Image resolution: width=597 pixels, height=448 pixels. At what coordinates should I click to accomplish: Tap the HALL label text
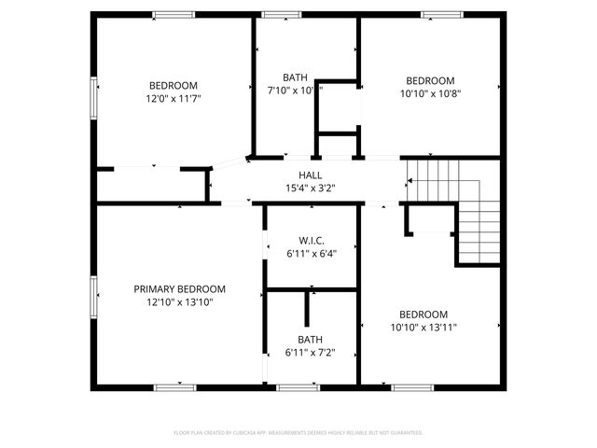tap(310, 175)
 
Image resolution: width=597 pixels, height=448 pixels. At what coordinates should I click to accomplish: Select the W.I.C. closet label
tap(311, 240)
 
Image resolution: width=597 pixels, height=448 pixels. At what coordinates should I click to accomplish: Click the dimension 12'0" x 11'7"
tap(174, 97)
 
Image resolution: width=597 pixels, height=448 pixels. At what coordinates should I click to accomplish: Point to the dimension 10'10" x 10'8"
tap(430, 92)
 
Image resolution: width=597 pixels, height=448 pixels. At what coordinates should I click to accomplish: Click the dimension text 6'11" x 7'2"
tap(310, 352)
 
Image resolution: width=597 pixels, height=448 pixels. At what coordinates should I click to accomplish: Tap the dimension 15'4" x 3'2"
tap(310, 188)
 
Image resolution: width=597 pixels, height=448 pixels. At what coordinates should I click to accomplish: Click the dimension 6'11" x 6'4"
tap(311, 252)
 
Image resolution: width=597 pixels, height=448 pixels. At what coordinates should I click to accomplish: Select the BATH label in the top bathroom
tap(295, 77)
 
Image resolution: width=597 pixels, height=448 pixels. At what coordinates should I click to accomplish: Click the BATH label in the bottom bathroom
tap(310, 340)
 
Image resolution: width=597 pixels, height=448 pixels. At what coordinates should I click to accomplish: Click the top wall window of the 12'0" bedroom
tap(174, 14)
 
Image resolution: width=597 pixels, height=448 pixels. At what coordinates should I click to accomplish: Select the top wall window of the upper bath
tap(276, 14)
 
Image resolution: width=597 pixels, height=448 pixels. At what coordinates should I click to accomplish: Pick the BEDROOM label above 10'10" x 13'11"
tap(423, 315)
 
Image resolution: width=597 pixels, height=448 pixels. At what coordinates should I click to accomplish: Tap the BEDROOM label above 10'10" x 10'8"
tap(430, 80)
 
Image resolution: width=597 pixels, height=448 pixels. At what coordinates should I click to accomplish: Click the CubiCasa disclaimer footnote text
tap(298, 433)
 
